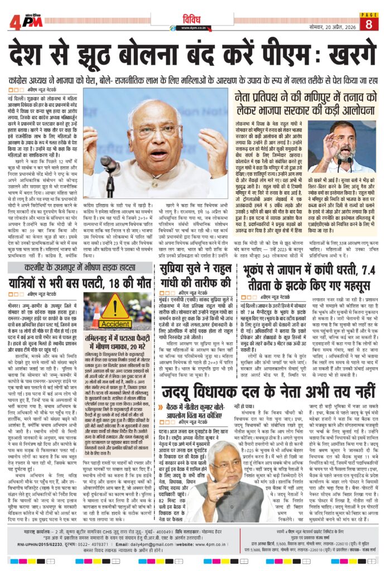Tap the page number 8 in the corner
pos(369,24)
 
